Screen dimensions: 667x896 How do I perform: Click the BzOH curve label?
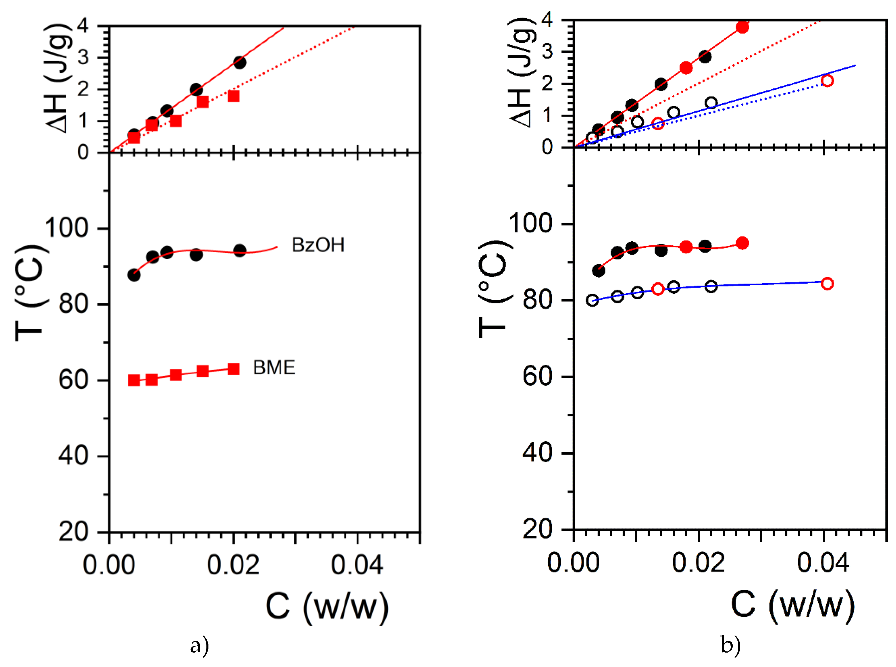318,245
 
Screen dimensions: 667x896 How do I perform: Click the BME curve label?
274,367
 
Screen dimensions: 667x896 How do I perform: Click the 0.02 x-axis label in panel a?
233,565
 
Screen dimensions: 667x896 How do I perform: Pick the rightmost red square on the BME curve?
233,369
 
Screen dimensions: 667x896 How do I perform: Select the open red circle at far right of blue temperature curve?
827,283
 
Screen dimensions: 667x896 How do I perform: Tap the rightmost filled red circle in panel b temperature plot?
742,243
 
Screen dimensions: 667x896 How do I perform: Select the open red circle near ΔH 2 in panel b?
827,81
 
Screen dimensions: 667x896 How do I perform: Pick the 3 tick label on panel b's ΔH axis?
547,52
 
